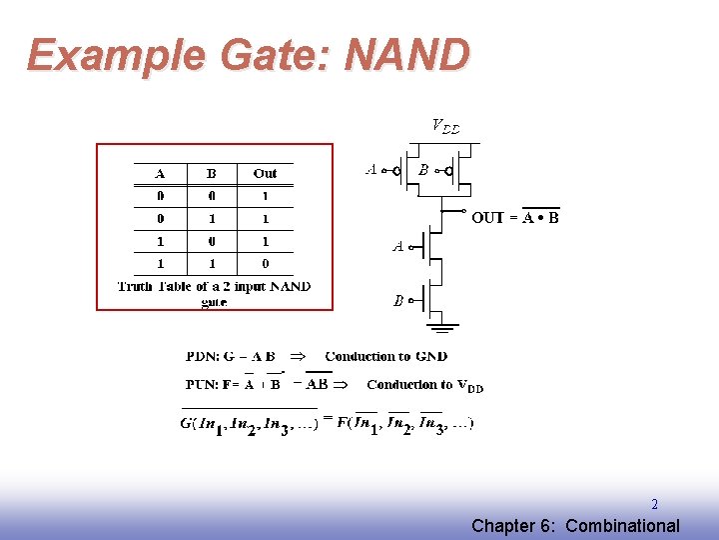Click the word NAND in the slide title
tap(406, 55)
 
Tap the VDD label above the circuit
tap(445, 126)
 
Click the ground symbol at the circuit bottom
tap(441, 324)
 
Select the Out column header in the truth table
tap(265, 173)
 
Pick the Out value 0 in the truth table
tap(265, 264)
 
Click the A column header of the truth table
tap(160, 173)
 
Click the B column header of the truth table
tap(212, 173)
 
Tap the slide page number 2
tap(654, 505)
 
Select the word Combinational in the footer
tap(622, 526)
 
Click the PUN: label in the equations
tap(204, 384)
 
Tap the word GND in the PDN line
tap(431, 356)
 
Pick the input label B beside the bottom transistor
tap(397, 300)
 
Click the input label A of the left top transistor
tap(371, 170)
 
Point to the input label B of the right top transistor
tap(423, 170)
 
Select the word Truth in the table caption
tap(135, 287)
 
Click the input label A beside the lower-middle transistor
tap(397, 246)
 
